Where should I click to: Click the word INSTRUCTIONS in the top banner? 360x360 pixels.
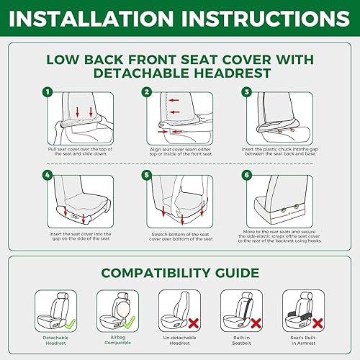coord(267,17)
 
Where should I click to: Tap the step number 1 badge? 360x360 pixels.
coord(48,92)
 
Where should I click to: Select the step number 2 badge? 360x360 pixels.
coord(146,92)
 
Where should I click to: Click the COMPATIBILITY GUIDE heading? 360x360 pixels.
coord(179,273)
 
